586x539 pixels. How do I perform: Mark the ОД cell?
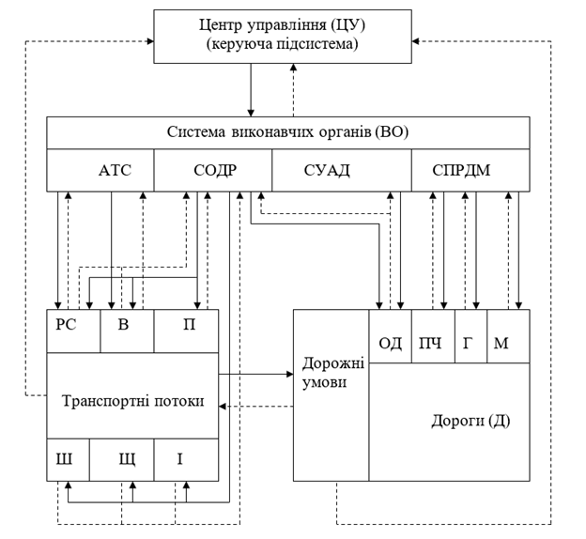coord(390,343)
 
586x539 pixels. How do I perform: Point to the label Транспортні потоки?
coord(131,400)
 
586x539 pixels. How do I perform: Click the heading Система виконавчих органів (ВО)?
coord(287,131)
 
